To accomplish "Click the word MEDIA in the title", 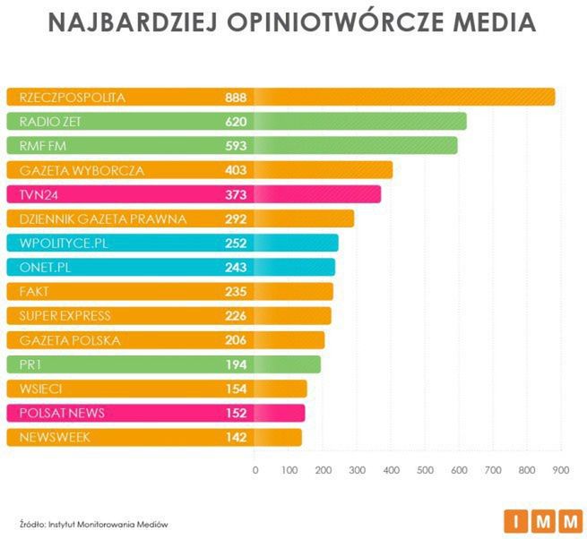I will click(485, 23).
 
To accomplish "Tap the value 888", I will click(237, 97).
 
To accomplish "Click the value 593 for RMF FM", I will click(237, 145).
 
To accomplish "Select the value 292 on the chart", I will click(237, 218).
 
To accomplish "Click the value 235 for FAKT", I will click(237, 291).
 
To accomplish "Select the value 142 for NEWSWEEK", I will click(237, 437).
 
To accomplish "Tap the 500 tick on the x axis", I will click(425, 469).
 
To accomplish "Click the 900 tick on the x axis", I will click(561, 469).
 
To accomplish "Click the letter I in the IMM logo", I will click(516, 520).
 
